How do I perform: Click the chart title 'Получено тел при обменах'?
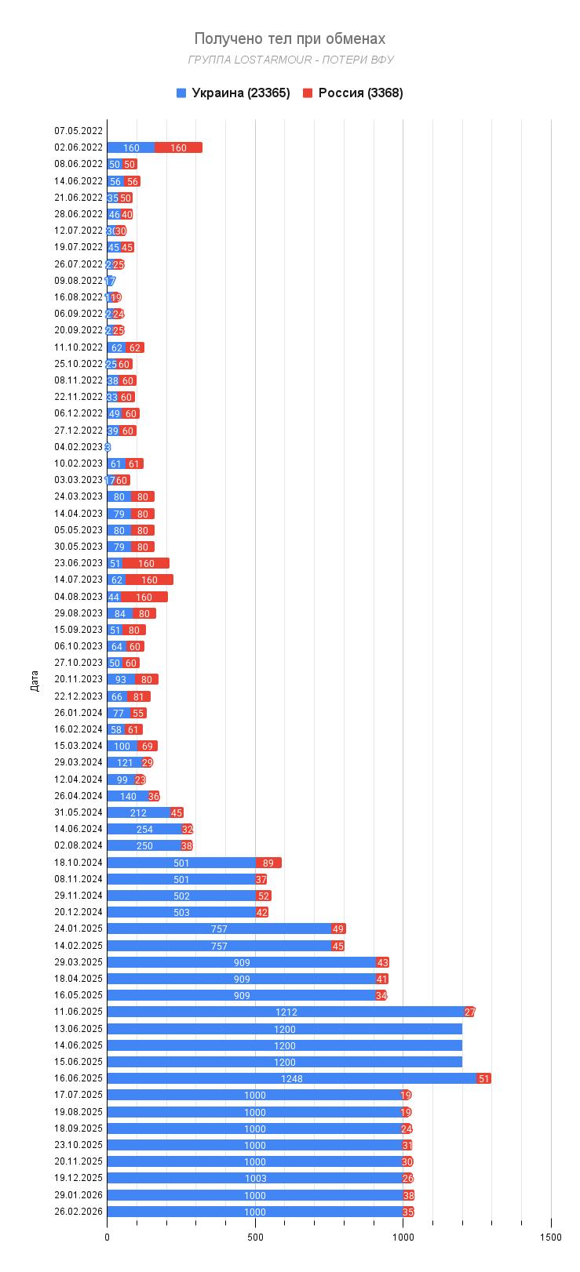[x=290, y=38]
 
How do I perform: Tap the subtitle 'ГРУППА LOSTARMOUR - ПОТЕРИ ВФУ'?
[x=290, y=60]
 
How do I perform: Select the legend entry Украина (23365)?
[x=233, y=93]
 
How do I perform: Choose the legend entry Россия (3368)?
[x=352, y=93]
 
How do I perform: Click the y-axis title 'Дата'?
[x=34, y=680]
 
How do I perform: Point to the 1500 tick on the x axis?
[x=551, y=1237]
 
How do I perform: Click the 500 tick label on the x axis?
[x=255, y=1237]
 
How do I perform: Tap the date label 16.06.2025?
[x=78, y=1078]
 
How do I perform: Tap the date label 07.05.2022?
[x=78, y=131]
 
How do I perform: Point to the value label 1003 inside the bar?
[x=255, y=1178]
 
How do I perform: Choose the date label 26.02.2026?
[x=78, y=1212]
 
